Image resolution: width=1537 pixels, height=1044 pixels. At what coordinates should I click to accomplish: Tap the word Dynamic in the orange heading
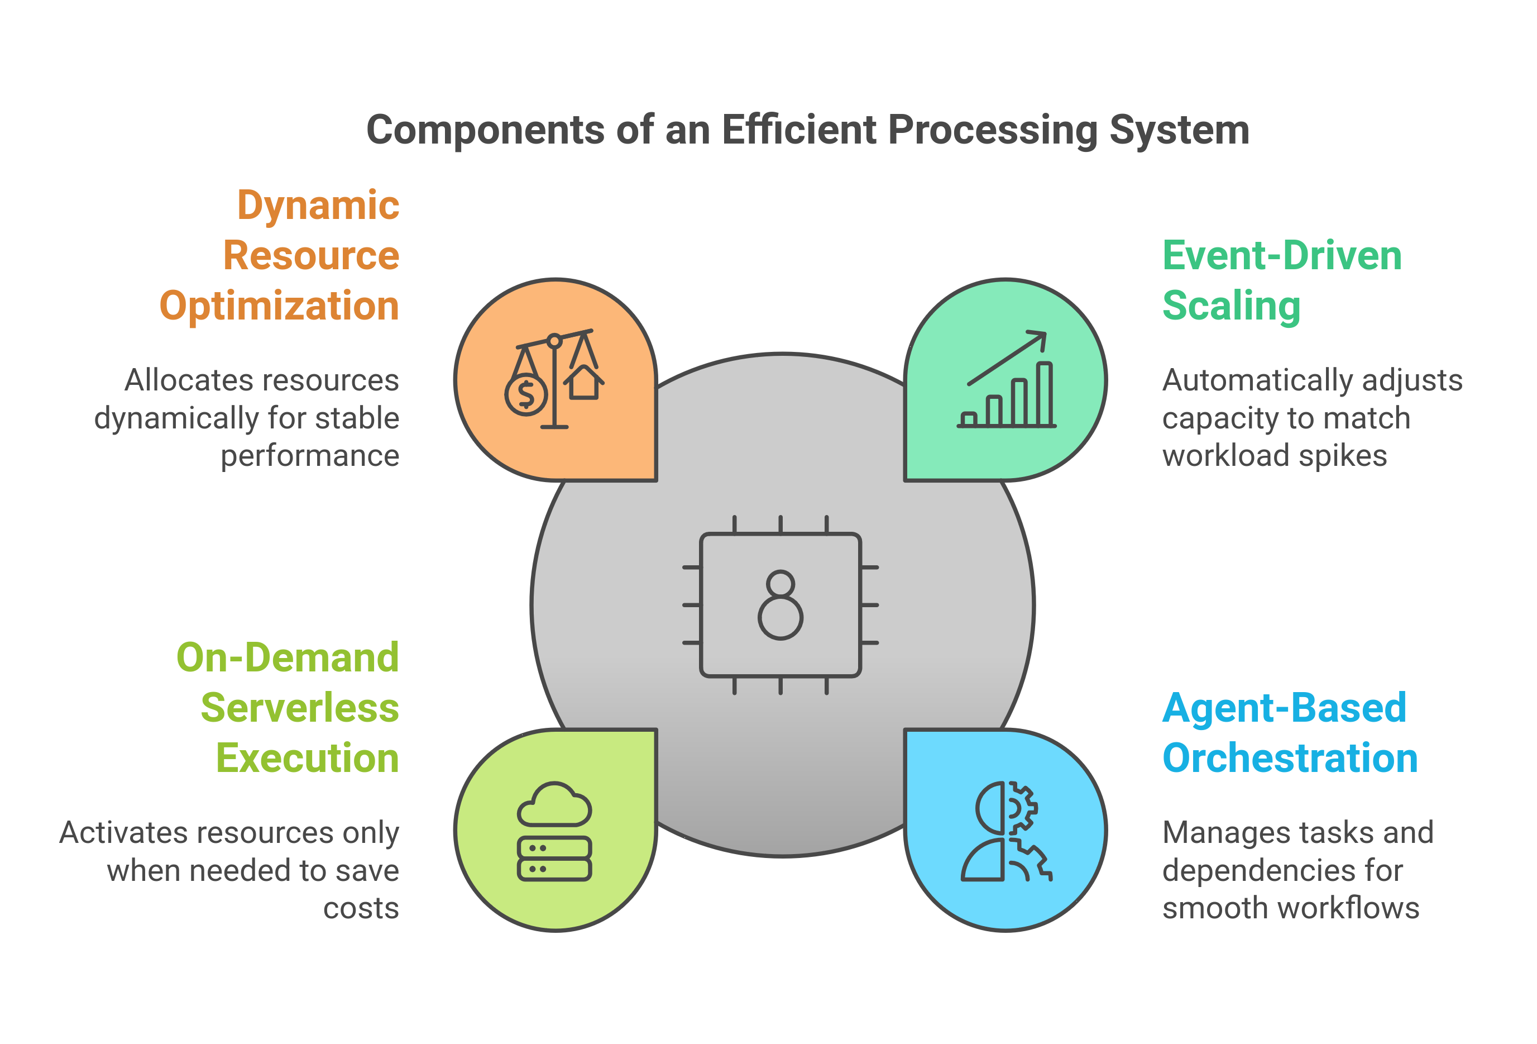318,205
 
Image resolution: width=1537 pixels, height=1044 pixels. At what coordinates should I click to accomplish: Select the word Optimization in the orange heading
279,306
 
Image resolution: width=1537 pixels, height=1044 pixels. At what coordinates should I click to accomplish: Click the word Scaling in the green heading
1231,306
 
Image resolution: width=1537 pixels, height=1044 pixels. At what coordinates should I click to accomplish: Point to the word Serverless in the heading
300,708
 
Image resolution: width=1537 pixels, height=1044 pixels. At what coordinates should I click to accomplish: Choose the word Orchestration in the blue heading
1290,758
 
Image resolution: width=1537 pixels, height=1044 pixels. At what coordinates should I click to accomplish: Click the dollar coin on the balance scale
526,395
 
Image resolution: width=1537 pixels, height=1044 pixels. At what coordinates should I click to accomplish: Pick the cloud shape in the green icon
554,804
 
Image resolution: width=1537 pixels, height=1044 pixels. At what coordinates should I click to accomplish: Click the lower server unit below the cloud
554,869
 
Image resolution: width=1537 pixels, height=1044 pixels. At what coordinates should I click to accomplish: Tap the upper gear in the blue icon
1021,808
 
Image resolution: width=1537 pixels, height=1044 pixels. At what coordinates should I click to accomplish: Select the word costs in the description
361,908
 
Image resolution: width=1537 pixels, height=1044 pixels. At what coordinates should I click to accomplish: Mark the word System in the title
1179,130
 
